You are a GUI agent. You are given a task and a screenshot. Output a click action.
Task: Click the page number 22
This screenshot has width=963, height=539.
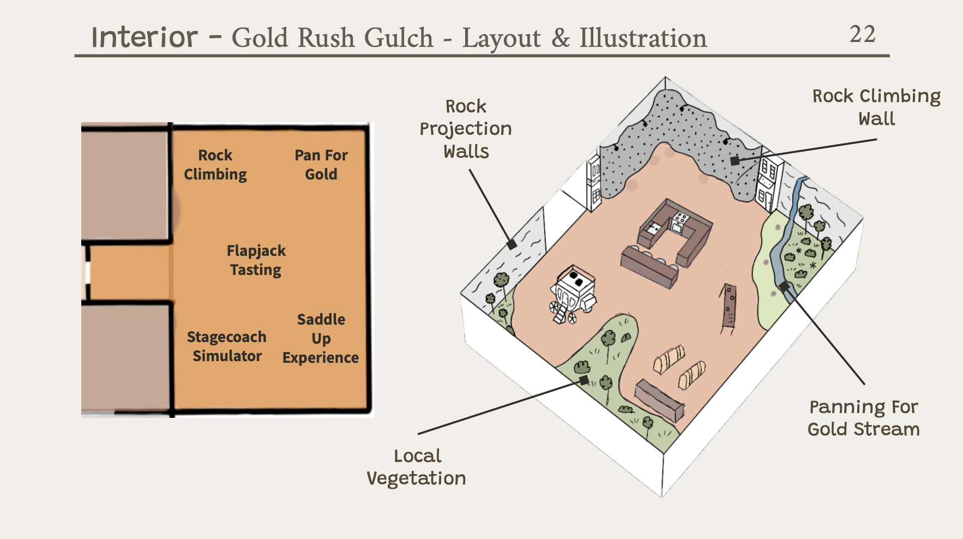[862, 34]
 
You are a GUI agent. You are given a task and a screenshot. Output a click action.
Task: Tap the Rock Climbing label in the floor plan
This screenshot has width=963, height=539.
[215, 165]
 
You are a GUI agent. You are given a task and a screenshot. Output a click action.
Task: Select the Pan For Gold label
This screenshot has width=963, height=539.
[321, 165]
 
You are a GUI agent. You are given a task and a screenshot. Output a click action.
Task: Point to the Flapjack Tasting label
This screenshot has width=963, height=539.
[256, 260]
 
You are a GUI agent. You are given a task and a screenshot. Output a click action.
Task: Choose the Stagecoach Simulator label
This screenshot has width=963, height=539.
[227, 346]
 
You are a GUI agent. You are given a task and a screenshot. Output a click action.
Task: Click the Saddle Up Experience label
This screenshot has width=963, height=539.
[321, 338]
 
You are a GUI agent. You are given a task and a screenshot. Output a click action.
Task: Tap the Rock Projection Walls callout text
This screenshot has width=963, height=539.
[466, 129]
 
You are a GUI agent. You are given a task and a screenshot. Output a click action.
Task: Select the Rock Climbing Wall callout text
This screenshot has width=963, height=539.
[876, 107]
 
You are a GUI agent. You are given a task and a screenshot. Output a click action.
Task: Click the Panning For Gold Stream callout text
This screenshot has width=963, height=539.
[863, 418]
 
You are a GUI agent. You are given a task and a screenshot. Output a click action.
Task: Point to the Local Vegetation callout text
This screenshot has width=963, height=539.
[417, 467]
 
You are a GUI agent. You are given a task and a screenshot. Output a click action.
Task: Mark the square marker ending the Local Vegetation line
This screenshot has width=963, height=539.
[584, 380]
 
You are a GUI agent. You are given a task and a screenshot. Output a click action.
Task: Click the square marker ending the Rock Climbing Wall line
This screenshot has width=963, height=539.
[735, 161]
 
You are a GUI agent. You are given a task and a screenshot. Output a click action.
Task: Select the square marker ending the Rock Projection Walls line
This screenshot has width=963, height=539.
[511, 244]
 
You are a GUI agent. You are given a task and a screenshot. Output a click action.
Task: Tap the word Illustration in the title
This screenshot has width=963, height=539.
[643, 38]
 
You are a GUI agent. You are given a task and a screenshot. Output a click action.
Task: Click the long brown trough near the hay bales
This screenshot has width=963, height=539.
[659, 400]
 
